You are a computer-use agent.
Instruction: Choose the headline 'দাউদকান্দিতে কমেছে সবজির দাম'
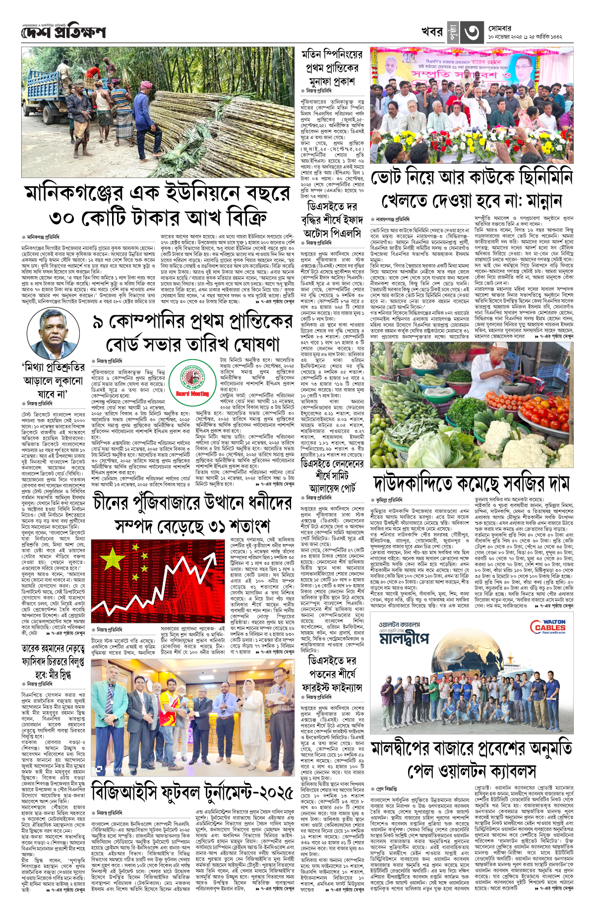[472, 483]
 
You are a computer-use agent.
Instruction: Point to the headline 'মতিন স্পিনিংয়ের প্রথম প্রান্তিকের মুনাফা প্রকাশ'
[331, 67]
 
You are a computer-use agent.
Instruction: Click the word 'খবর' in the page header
[431, 32]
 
